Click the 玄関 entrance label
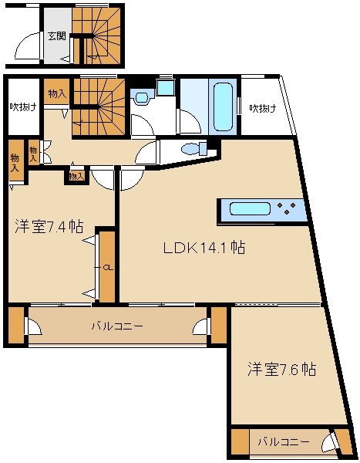coord(56,35)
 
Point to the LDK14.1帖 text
coord(204,248)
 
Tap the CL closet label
coord(107,268)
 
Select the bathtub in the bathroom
coord(224,106)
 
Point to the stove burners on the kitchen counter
coord(290,208)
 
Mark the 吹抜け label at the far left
coord(23,107)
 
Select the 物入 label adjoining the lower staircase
coord(56,93)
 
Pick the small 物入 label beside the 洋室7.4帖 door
coord(75,176)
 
